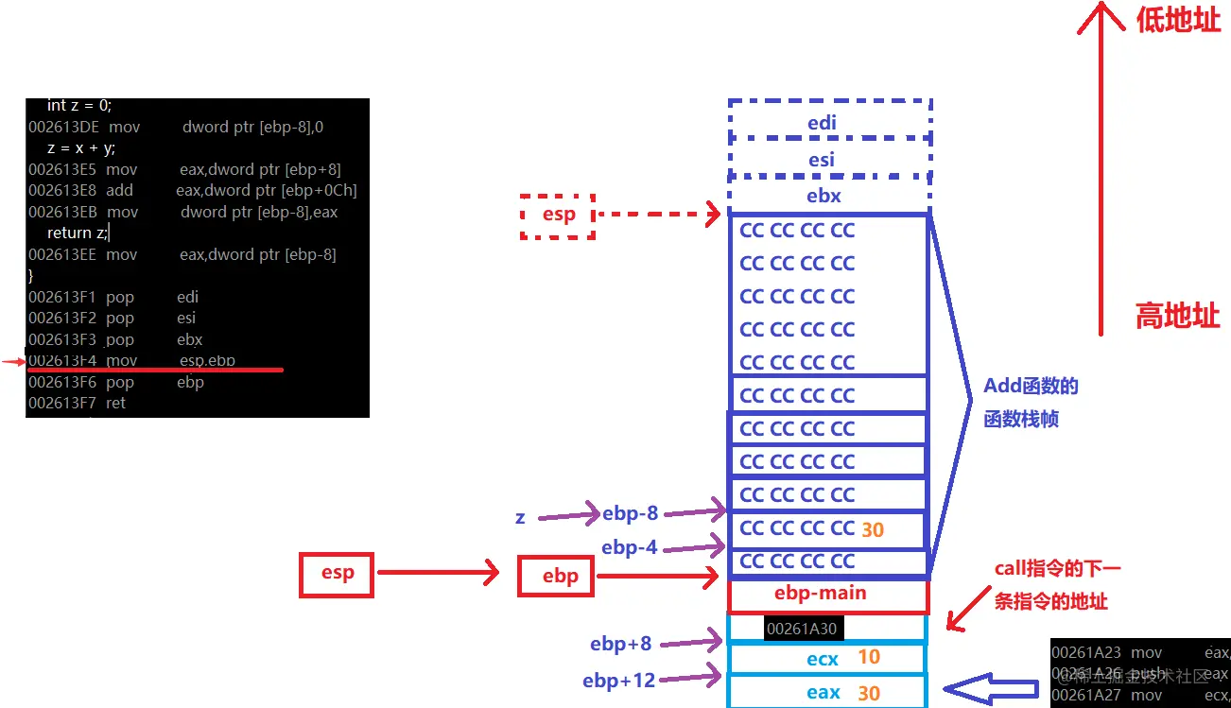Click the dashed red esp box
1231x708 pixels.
558,216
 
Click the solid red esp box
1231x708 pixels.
338,574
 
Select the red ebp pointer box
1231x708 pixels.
556,577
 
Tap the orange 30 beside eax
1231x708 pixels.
869,693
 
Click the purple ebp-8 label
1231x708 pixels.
630,513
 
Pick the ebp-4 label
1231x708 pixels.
630,547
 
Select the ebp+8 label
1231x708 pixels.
620,644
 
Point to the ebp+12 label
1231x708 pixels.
618,680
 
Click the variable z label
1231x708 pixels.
520,517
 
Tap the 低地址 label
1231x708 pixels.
1178,21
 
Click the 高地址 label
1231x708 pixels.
1177,317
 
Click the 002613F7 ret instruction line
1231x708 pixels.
78,404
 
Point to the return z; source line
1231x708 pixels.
78,233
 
